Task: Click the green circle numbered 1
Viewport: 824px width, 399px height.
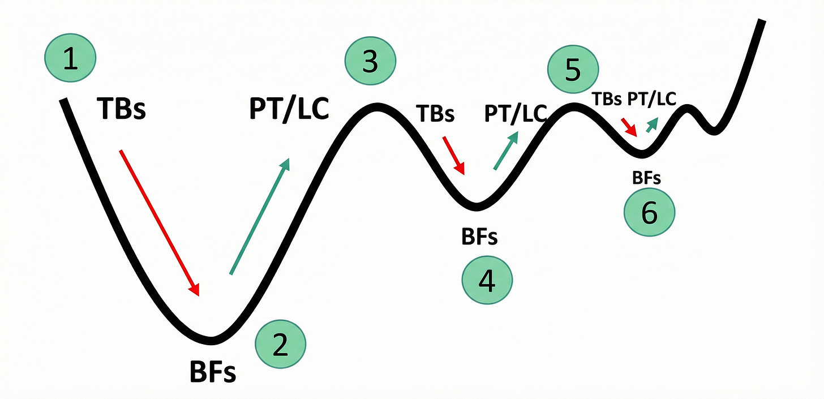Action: click(70, 58)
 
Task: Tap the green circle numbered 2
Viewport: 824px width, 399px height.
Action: click(280, 346)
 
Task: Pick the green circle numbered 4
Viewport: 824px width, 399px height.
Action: click(487, 280)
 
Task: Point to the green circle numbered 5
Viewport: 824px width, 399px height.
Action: click(573, 70)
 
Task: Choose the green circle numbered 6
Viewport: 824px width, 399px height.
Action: click(649, 213)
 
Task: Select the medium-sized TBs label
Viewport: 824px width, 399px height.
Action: click(435, 113)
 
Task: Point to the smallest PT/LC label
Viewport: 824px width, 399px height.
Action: click(651, 98)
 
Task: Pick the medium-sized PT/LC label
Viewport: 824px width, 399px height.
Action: click(514, 113)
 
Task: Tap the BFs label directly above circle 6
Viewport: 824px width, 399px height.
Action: click(646, 178)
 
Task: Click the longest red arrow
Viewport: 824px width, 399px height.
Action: click(160, 222)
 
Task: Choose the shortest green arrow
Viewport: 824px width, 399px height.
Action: click(652, 125)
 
